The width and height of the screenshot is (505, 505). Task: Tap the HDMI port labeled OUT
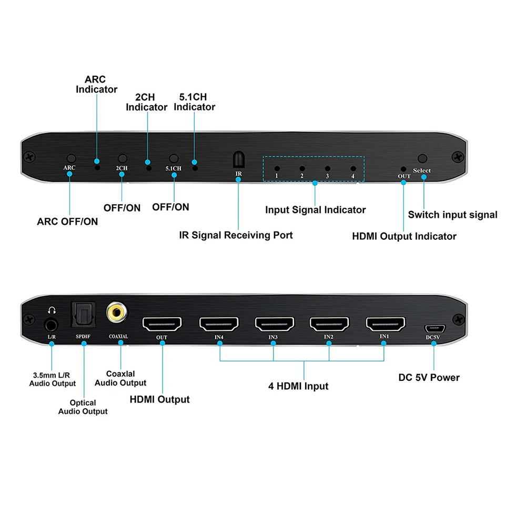click(x=162, y=323)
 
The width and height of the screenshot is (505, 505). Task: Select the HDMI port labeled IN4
click(x=218, y=323)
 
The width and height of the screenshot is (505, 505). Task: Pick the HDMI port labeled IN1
click(x=385, y=323)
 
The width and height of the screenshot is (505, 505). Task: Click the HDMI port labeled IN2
click(x=329, y=323)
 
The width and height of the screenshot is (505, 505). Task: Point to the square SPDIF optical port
click(x=83, y=314)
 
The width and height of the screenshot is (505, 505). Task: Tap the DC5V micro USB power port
click(x=434, y=329)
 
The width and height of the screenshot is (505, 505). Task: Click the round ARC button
click(x=70, y=158)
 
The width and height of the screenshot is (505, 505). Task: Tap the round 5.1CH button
click(x=174, y=158)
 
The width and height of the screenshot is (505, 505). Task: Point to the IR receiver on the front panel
click(x=238, y=160)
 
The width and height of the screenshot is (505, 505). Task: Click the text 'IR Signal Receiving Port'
click(x=236, y=235)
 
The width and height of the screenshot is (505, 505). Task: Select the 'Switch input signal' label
click(x=452, y=215)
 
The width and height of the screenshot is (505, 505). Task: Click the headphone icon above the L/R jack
click(x=52, y=310)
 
